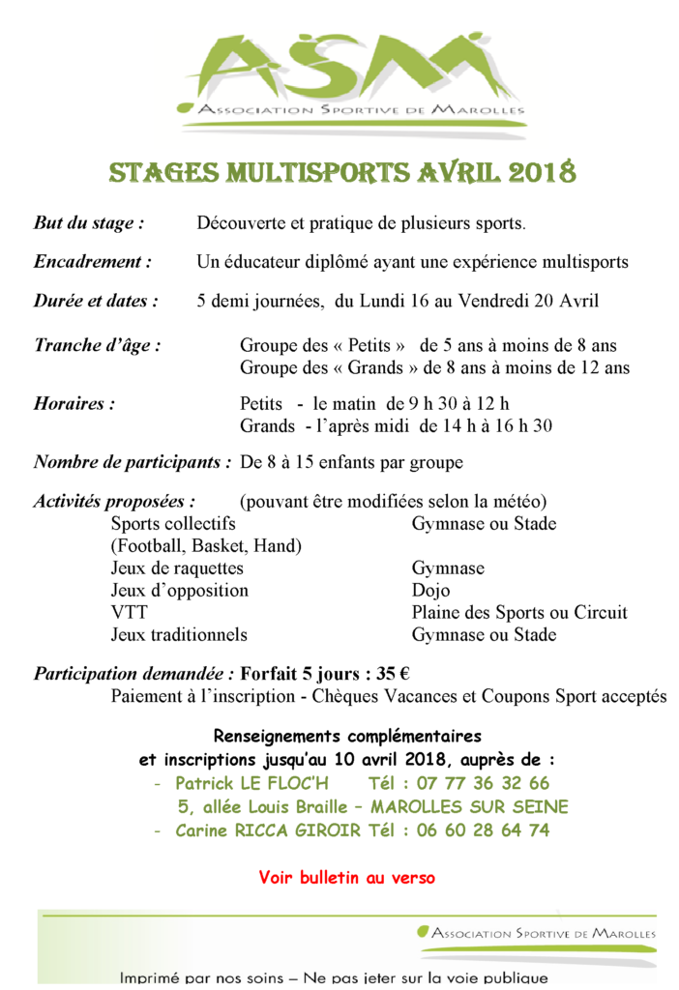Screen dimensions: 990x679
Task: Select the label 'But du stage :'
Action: (89, 223)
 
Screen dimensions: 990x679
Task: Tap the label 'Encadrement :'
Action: (93, 262)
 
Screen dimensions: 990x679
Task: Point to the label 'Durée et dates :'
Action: (96, 301)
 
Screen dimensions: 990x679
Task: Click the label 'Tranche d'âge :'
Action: (97, 345)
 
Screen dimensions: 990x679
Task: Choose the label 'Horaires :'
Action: (74, 403)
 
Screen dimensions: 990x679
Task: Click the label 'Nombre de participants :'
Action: (133, 462)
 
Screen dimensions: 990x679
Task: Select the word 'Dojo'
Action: (430, 590)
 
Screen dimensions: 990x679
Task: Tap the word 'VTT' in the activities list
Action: (129, 613)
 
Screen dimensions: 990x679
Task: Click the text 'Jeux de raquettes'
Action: (177, 568)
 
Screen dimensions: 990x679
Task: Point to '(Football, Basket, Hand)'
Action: (206, 546)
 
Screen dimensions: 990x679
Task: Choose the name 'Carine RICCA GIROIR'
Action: (268, 830)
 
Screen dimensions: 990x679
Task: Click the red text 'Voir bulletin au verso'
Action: (346, 878)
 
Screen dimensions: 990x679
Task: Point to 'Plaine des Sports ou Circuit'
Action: (519, 613)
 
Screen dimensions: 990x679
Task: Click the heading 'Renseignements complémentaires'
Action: (347, 737)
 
